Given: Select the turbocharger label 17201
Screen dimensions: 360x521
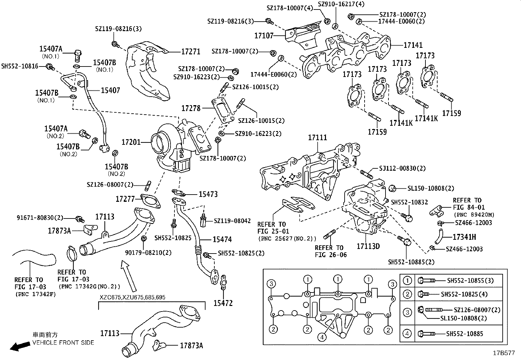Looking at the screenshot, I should (131, 142).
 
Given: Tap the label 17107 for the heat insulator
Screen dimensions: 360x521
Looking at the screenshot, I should (264, 35).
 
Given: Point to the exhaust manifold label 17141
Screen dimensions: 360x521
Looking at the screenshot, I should (413, 45).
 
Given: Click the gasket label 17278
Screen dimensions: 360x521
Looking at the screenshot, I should (191, 108).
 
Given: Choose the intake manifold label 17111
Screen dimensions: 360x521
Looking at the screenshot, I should (317, 138).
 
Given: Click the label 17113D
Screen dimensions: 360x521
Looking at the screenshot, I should (368, 246).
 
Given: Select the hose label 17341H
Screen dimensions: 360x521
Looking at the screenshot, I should (464, 237).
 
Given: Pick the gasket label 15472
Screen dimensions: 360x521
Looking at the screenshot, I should (223, 303).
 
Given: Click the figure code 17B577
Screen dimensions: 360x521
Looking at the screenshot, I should (504, 353).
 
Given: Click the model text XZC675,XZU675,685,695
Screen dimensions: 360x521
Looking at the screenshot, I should (133, 297).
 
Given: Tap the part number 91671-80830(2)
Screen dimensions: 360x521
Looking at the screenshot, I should (40, 218).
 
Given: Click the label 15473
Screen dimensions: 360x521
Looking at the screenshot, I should (208, 194).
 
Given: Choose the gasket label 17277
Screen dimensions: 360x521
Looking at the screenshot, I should (125, 199).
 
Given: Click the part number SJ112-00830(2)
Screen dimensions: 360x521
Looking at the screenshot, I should (402, 168).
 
